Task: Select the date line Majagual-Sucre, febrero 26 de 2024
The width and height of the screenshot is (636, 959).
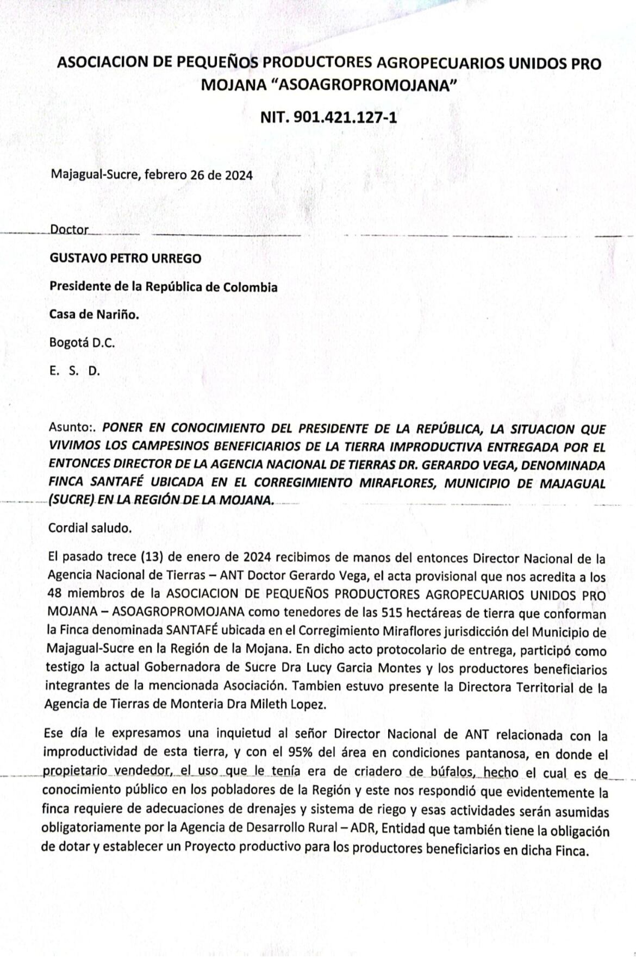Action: [151, 175]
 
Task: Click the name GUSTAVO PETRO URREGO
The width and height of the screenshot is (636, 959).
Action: [125, 258]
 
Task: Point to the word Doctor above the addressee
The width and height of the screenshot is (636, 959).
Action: [68, 229]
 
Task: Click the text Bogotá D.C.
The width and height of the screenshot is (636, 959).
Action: [82, 343]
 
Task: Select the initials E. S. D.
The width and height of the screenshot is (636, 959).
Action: [74, 372]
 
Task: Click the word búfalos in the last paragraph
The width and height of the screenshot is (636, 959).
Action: [453, 772]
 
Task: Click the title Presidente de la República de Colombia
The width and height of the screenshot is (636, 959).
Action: [163, 287]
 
